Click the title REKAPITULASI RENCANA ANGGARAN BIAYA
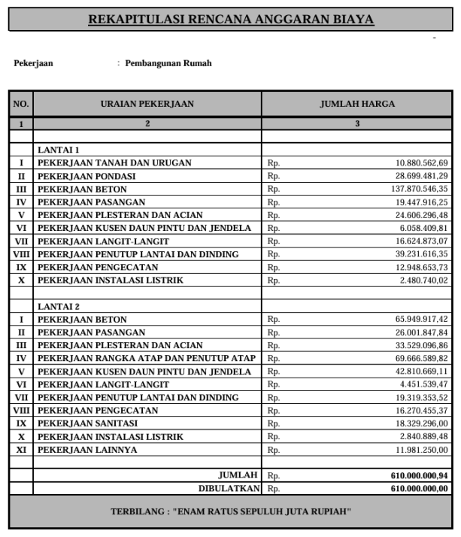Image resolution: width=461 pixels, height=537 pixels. [x=231, y=19]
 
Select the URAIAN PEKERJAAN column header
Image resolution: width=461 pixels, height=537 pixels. [x=147, y=104]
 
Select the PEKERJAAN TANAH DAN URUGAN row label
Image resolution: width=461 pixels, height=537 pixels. [x=114, y=163]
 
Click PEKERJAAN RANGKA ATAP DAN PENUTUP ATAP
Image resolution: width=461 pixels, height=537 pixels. [x=147, y=359]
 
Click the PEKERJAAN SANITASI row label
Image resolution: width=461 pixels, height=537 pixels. [x=87, y=424]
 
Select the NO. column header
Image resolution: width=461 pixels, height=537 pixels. [x=20, y=104]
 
